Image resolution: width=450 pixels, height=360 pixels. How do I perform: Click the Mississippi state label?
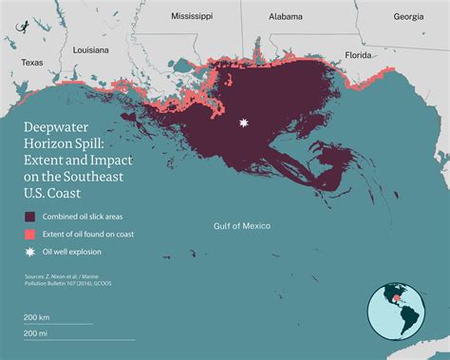tap(192, 16)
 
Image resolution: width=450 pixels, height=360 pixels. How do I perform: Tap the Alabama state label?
tap(286, 16)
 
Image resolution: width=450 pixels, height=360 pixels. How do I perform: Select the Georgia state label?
tap(408, 16)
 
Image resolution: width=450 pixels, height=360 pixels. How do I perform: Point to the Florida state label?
tap(358, 54)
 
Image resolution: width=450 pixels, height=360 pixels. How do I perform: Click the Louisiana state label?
tap(90, 47)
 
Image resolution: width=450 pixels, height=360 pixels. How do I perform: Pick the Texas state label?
tap(32, 63)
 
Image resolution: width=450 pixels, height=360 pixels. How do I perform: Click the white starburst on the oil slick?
tap(245, 123)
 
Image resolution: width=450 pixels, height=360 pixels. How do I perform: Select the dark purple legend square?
tap(30, 216)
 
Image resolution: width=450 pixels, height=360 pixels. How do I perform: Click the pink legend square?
tap(30, 234)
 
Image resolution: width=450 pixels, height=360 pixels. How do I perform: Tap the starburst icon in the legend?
tap(30, 252)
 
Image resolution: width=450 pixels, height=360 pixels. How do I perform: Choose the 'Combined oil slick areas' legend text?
tap(86, 216)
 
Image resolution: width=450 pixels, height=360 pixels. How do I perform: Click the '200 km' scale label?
tap(37, 316)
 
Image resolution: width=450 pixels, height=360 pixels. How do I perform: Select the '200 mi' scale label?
tap(36, 334)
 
